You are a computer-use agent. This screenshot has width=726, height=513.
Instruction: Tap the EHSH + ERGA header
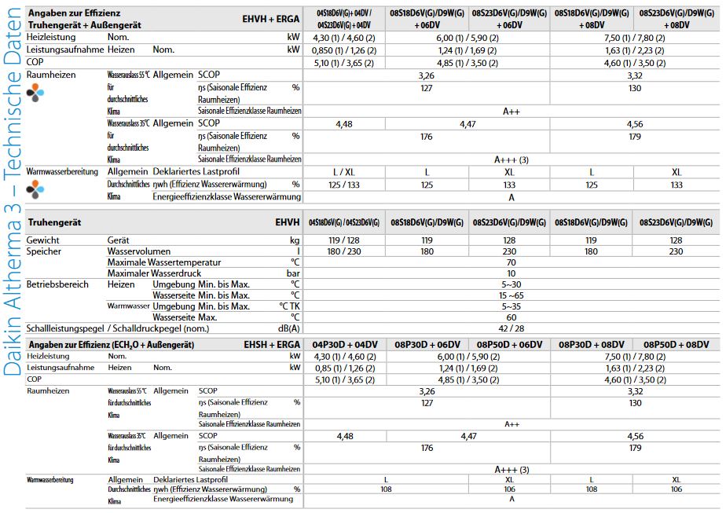coord(273,345)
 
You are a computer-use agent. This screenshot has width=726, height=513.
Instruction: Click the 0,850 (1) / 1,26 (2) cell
coord(344,49)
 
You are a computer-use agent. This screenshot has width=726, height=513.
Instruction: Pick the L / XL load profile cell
coord(344,171)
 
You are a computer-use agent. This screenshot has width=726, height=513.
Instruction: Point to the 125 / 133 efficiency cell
coord(344,184)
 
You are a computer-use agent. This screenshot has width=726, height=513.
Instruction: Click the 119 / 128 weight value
coord(344,240)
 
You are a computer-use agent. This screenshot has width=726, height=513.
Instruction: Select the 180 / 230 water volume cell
coord(344,251)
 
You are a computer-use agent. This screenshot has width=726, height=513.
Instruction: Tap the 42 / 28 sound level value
coord(511,328)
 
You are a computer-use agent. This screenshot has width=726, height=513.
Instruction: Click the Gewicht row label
coord(43,240)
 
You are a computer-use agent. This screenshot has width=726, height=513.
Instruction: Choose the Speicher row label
coord(45,251)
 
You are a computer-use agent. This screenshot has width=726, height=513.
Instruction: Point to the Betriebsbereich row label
coord(57,284)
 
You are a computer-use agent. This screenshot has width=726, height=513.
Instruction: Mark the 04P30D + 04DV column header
coord(344,345)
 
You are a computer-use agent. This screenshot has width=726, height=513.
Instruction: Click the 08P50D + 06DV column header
coord(512,345)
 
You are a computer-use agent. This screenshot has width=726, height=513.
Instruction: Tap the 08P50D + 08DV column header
coord(676,345)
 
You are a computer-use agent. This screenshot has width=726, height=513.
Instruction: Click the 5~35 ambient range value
coord(511,306)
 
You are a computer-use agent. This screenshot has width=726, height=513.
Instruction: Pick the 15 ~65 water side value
coord(511,295)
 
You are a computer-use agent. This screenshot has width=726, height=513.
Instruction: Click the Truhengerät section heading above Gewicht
coord(57,223)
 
